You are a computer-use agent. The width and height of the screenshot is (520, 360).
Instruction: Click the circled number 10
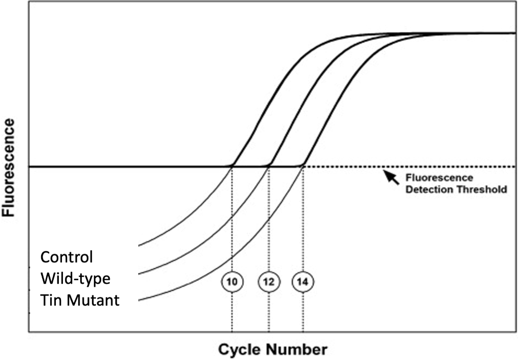click(232, 281)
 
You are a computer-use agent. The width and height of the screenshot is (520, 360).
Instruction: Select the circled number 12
click(269, 281)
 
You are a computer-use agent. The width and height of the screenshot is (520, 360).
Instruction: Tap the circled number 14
click(303, 281)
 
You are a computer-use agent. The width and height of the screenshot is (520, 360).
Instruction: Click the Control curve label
click(67, 257)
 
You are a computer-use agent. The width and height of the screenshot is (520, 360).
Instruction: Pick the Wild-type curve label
click(76, 278)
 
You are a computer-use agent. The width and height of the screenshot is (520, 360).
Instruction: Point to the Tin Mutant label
click(80, 300)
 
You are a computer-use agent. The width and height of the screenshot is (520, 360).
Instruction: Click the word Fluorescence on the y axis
click(9, 168)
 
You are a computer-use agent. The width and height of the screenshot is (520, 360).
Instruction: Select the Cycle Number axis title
click(273, 349)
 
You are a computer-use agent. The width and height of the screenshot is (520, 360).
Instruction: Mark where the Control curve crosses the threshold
click(233, 166)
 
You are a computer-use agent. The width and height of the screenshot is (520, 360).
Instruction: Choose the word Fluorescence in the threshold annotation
click(439, 178)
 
